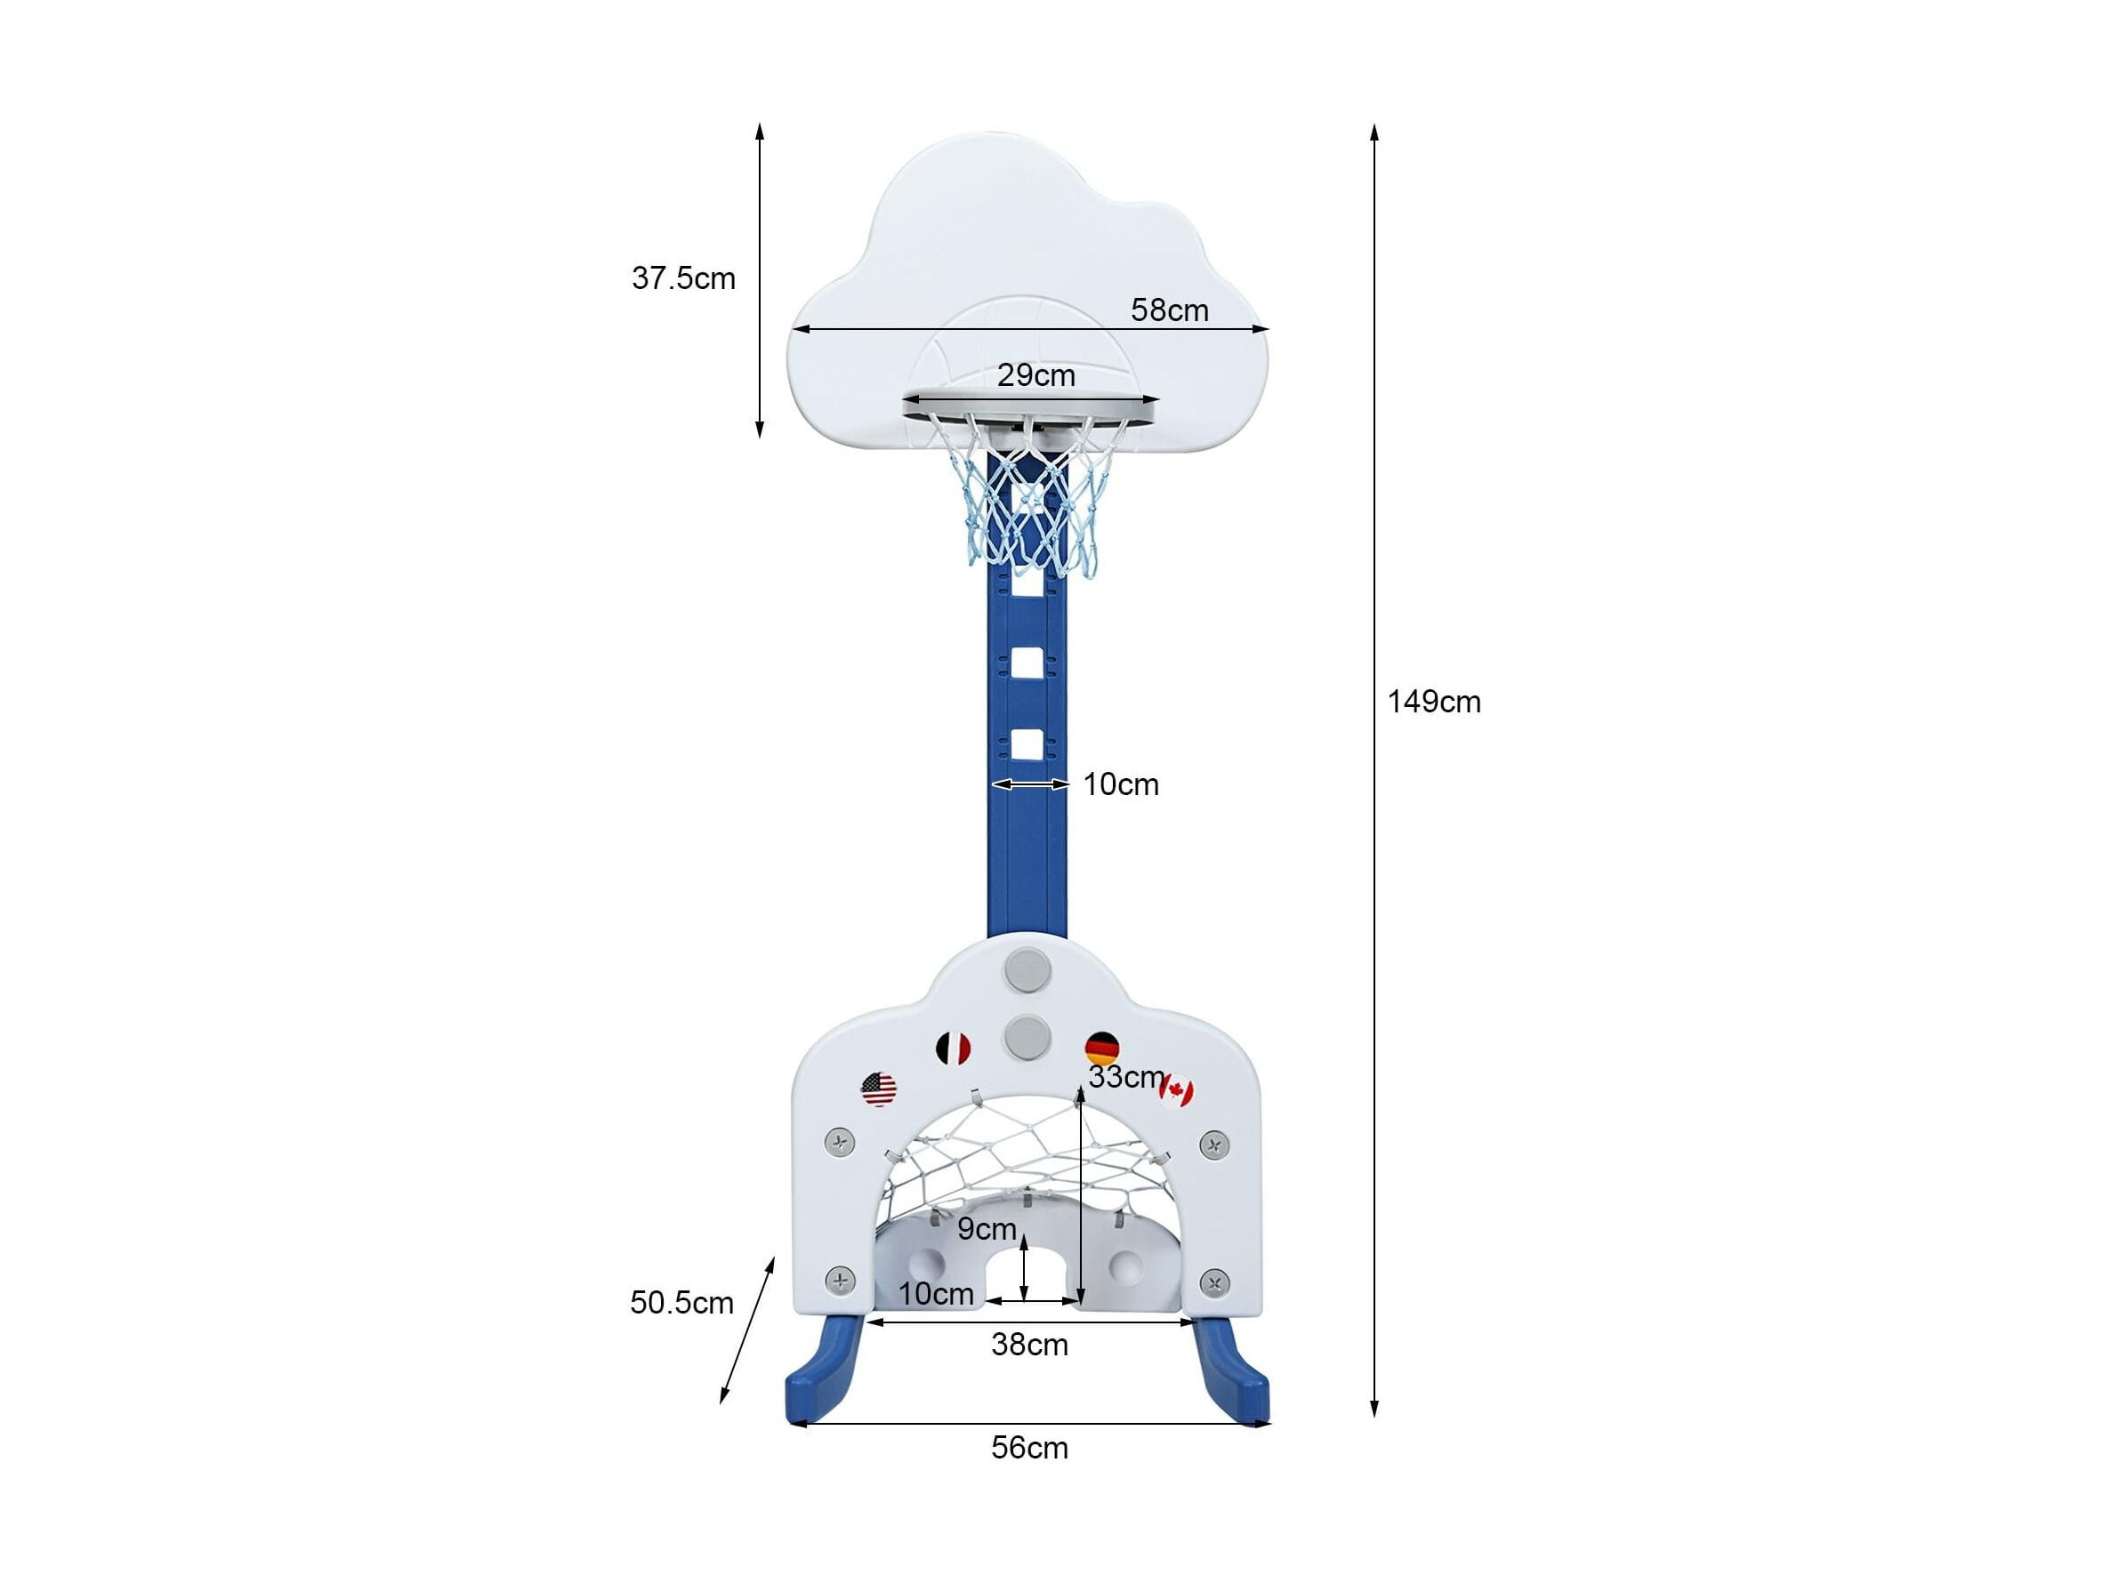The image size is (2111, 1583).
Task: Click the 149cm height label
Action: pyautogui.click(x=1433, y=703)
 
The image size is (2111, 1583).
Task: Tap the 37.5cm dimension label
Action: pyautogui.click(x=683, y=278)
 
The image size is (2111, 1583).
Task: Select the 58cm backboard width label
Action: pyautogui.click(x=1169, y=310)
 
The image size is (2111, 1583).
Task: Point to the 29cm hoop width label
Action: pyautogui.click(x=1036, y=375)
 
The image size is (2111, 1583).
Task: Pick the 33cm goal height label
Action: pyautogui.click(x=1126, y=1076)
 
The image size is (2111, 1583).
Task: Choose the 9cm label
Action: pyautogui.click(x=987, y=1229)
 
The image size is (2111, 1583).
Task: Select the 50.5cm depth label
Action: pyautogui.click(x=681, y=1303)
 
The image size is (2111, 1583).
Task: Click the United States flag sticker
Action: pyautogui.click(x=879, y=1089)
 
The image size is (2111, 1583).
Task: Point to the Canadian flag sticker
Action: pyautogui.click(x=1178, y=1090)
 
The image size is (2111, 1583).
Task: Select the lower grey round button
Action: pyautogui.click(x=1026, y=1035)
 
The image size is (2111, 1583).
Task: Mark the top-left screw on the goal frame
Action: pyautogui.click(x=839, y=1141)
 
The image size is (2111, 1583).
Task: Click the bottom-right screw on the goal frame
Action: pyautogui.click(x=1214, y=1282)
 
